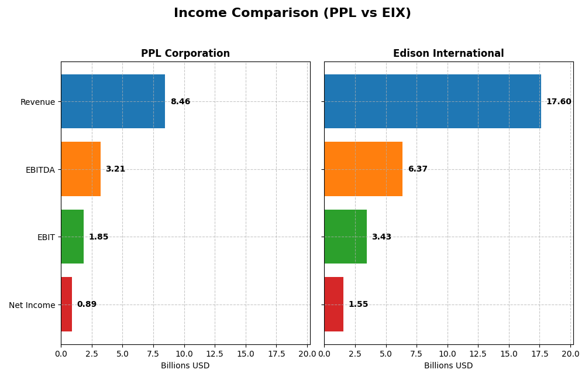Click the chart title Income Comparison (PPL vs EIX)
[292, 13]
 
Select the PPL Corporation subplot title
[185, 54]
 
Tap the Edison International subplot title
[448, 54]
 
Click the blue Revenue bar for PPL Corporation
[113, 101]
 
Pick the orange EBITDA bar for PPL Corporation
[81, 169]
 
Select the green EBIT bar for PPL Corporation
[72, 237]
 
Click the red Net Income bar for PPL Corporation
[66, 305]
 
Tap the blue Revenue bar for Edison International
[432, 101]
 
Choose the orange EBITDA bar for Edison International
[363, 169]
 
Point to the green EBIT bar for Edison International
[345, 237]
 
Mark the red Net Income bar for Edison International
[333, 305]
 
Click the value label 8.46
[180, 102]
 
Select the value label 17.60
[559, 102]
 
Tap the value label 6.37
[418, 169]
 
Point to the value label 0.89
[87, 305]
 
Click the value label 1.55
[358, 305]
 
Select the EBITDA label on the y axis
[40, 170]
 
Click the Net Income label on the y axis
[32, 305]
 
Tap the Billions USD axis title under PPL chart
[185, 366]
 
